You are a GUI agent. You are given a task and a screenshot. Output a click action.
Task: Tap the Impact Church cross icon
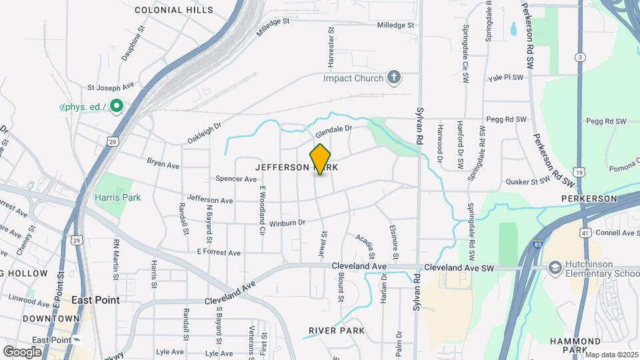394,78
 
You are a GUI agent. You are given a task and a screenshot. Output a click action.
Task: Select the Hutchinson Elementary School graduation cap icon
554,267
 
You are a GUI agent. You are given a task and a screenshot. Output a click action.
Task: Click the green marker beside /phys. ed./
116,106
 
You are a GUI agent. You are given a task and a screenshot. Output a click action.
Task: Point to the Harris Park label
117,197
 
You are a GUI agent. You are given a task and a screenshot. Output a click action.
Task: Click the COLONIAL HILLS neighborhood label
174,10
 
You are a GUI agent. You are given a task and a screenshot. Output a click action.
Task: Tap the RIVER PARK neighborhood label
337,331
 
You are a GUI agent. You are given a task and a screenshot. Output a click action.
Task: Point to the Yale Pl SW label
507,77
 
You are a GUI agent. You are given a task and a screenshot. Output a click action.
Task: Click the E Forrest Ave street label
219,253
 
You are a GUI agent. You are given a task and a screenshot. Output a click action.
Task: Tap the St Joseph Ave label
111,87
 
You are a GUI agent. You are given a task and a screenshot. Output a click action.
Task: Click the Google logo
23,351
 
